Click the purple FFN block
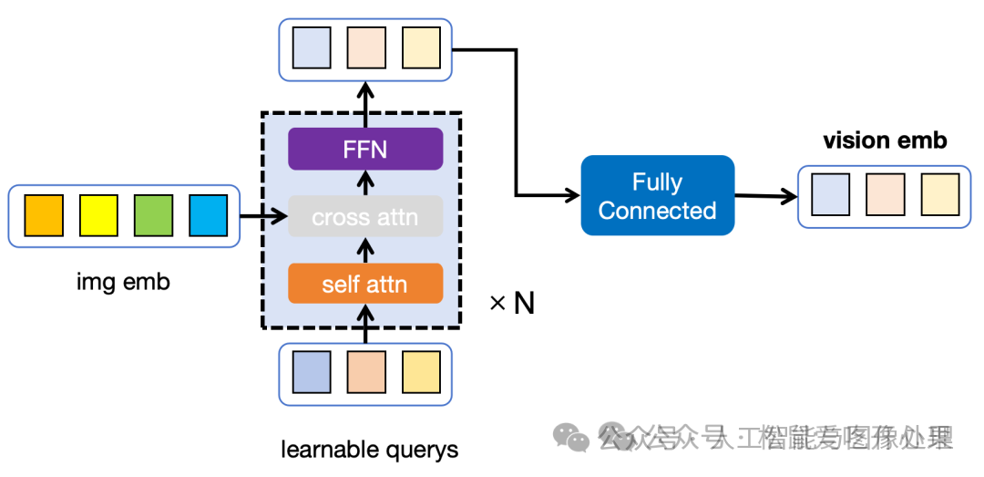click(365, 149)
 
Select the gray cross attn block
click(365, 217)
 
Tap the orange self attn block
click(365, 284)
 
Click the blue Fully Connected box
click(657, 195)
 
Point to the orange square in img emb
click(44, 216)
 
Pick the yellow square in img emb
click(98, 216)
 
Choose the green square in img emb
click(153, 216)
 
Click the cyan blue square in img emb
click(207, 216)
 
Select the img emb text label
click(123, 282)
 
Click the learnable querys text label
click(369, 450)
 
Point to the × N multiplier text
click(512, 304)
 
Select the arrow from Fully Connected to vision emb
click(765, 195)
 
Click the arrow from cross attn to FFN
click(365, 182)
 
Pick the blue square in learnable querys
click(312, 371)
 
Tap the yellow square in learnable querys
click(421, 371)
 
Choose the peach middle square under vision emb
click(885, 194)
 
